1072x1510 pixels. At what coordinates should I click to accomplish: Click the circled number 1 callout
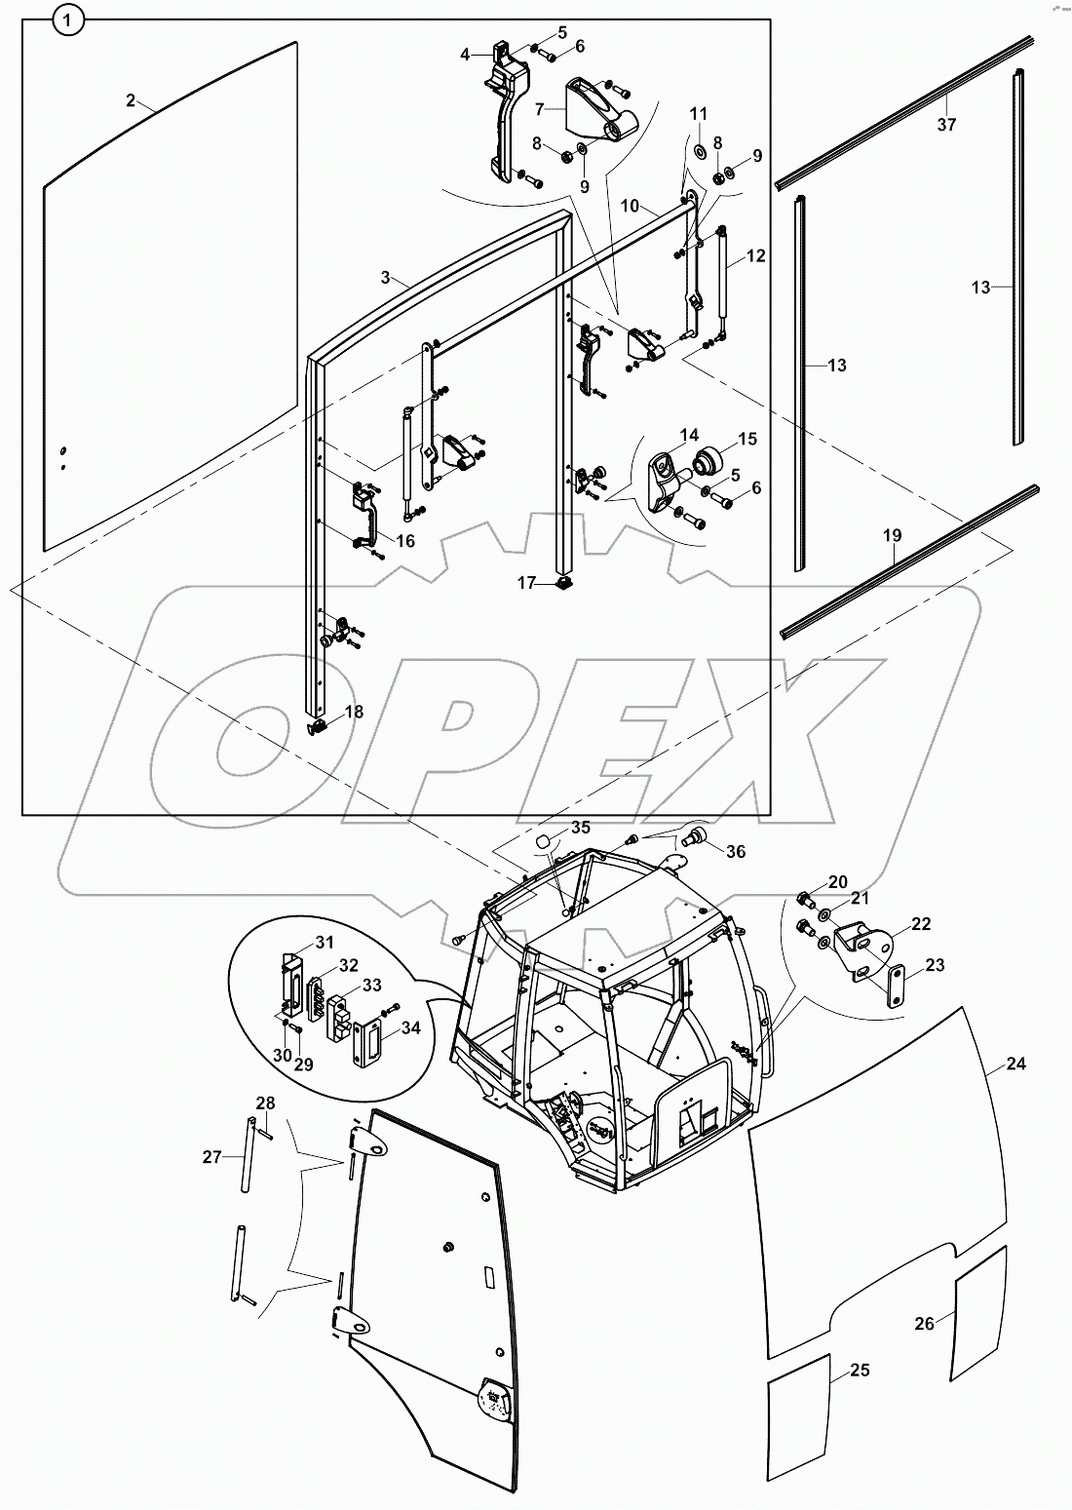click(67, 19)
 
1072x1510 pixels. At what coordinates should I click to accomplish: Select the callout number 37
click(946, 124)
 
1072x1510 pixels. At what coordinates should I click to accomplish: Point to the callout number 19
click(893, 535)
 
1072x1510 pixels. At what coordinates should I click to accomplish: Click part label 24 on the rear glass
click(1015, 1064)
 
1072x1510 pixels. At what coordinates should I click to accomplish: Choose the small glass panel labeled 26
click(981, 1312)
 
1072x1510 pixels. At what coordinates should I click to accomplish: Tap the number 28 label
click(265, 1103)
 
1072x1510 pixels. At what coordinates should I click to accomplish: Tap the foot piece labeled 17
click(562, 585)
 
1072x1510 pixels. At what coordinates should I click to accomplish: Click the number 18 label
click(353, 713)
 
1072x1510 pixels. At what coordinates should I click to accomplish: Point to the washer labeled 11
click(699, 152)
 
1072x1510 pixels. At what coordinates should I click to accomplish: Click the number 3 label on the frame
click(386, 278)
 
